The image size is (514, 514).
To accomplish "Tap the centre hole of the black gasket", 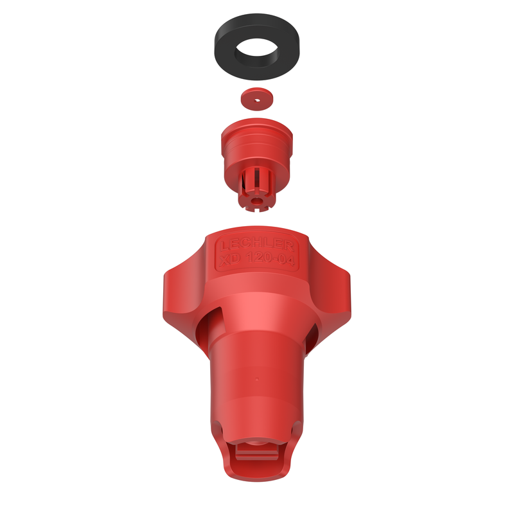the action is click(x=256, y=51).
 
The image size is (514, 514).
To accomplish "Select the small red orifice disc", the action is click(x=258, y=98).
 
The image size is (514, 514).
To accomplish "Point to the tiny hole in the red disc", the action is click(x=258, y=101).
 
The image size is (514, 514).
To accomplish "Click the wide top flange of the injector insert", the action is click(x=256, y=131).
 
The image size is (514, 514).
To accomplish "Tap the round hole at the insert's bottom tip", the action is click(x=256, y=200).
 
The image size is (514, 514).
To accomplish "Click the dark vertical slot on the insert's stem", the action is click(x=244, y=181).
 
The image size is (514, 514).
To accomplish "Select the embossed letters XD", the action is click(x=230, y=260).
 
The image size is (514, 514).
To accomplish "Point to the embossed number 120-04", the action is click(x=270, y=259).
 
